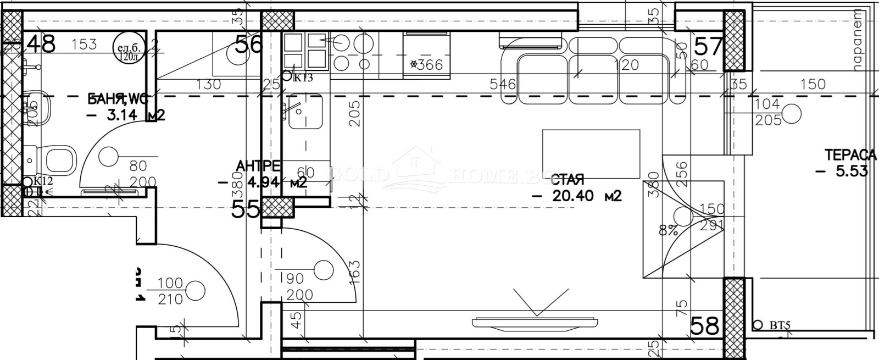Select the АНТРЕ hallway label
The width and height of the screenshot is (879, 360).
(x=258, y=166)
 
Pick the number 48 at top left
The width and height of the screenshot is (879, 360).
(x=41, y=45)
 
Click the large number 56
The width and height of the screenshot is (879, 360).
(x=248, y=44)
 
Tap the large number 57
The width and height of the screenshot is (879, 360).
(x=708, y=47)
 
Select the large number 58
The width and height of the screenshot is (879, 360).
(x=705, y=326)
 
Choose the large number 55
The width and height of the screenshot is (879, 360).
(x=245, y=209)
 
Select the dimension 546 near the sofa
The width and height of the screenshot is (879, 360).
(x=503, y=84)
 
